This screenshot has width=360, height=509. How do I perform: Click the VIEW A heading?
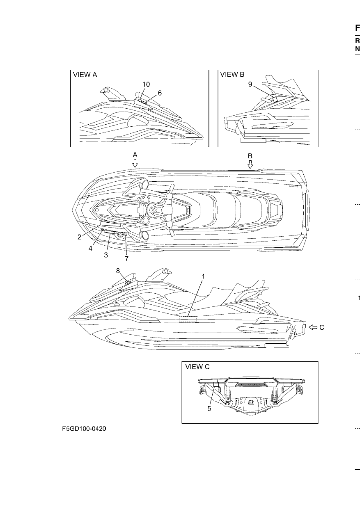(85, 75)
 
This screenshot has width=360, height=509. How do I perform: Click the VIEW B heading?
(232, 74)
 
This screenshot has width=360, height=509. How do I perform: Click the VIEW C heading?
(197, 367)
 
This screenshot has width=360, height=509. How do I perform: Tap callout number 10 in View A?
(146, 84)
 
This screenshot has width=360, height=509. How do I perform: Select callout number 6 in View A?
(160, 93)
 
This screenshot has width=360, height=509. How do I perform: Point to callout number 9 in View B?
(250, 84)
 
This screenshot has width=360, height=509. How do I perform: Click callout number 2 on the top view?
(79, 237)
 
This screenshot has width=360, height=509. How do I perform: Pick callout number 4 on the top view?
(90, 249)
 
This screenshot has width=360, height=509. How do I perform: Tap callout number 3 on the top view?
(106, 255)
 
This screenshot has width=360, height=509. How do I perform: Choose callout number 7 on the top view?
(127, 258)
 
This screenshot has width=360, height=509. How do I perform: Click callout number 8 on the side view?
(118, 271)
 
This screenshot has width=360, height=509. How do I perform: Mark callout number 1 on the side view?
(203, 276)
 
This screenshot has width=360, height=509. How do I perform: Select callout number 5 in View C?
(209, 409)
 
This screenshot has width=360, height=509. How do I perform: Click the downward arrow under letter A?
(135, 163)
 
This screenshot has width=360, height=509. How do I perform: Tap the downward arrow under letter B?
(250, 164)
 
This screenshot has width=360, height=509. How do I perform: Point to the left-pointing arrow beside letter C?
(313, 327)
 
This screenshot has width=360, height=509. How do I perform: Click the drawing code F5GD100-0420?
(84, 429)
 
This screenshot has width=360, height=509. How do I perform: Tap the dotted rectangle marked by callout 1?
(188, 319)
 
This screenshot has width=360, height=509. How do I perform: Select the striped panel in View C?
(251, 384)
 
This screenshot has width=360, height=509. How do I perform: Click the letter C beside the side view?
(321, 327)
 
